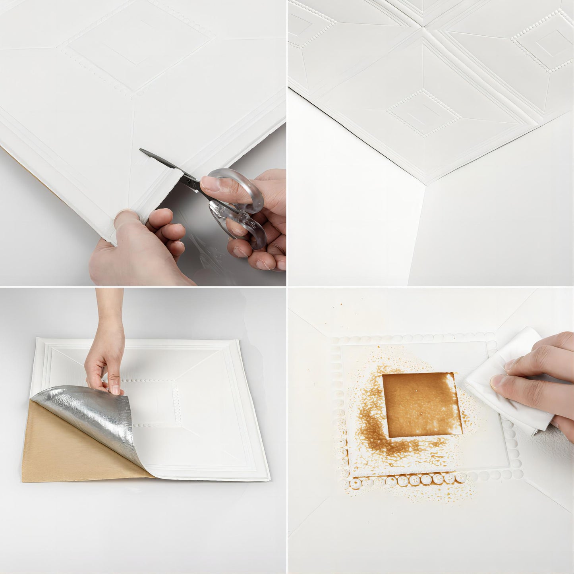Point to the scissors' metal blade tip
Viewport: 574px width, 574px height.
[142, 151]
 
